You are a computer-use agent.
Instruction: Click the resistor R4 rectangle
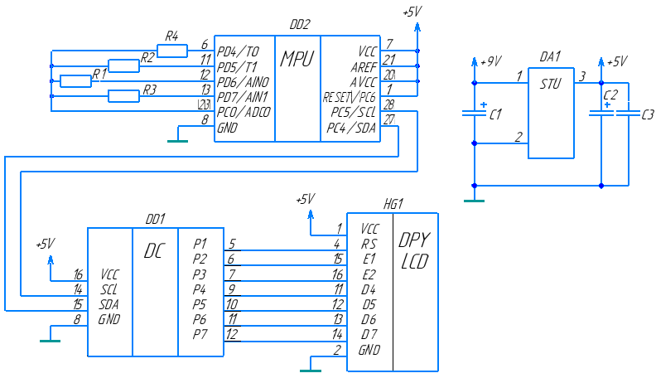tap(172, 51)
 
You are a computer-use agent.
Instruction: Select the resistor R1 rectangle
tap(75, 81)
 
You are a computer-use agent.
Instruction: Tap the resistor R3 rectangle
tap(124, 96)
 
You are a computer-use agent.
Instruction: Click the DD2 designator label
tap(300, 25)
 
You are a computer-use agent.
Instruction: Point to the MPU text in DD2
tap(297, 59)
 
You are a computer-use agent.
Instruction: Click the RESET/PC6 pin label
tap(349, 98)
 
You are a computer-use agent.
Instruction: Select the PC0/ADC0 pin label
tap(244, 112)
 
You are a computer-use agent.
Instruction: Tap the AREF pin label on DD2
tap(364, 67)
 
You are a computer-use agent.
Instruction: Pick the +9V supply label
tap(490, 62)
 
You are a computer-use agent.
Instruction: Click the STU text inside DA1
tap(550, 85)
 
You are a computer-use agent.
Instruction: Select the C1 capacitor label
tap(495, 114)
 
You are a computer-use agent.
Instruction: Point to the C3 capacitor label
tap(648, 114)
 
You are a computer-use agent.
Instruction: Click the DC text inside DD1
tap(154, 250)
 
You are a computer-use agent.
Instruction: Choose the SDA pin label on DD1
tap(109, 304)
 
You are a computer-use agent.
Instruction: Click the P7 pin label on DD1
tap(200, 334)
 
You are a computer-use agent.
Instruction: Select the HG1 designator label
tap(393, 204)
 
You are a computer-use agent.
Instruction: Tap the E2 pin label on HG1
tap(369, 274)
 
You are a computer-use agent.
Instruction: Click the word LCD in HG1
tap(415, 261)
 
